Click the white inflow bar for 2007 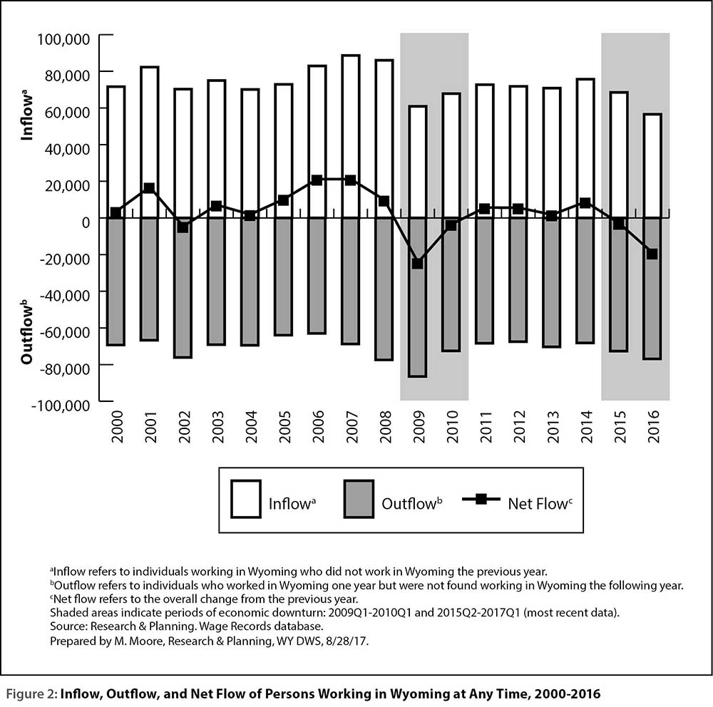351,136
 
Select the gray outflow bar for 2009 417,297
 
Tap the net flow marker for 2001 149,187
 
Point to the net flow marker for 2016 652,254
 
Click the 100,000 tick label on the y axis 63,38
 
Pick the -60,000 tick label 65,332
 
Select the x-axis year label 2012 519,426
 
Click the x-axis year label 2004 251,426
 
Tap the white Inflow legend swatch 245,499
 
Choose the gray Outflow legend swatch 359,499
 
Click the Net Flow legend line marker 481,499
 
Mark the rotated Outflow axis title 27,332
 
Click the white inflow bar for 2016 652,166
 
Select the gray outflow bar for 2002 183,288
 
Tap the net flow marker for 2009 417,263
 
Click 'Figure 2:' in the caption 31,694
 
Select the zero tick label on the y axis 86,222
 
